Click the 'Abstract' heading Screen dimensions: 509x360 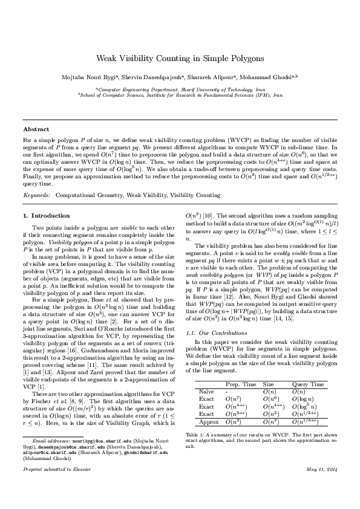point(36,129)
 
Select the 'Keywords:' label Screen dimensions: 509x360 point(36,195)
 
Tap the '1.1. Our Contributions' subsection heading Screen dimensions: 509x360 point(211,332)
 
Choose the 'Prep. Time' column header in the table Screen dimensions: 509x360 point(240,384)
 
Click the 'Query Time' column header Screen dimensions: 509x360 point(307,384)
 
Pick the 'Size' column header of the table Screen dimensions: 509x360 point(268,384)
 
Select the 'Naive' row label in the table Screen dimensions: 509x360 point(206,392)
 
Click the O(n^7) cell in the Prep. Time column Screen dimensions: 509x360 point(235,399)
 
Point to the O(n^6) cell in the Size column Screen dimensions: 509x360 point(270,399)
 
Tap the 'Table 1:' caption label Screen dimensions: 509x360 point(196,435)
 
